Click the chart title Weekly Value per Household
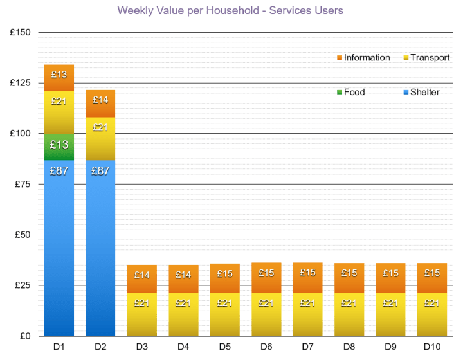pos(230,10)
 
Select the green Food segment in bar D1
pos(59,146)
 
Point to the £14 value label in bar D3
pos(141,275)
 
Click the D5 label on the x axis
pos(224,348)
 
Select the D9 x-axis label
pos(390,348)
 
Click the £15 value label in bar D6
pos(266,273)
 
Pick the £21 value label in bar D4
pos(183,303)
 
